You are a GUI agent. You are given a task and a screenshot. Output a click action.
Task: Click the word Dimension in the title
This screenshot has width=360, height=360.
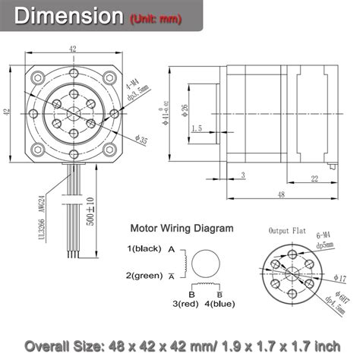[68, 15]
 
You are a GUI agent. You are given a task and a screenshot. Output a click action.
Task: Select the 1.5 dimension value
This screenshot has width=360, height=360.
[196, 129]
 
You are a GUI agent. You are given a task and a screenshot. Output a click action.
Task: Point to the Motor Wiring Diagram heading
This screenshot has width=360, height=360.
[182, 227]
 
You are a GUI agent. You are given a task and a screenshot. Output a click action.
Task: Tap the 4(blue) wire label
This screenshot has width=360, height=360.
[219, 304]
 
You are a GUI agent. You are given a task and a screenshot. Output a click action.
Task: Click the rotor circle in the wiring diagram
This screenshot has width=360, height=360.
[206, 263]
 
